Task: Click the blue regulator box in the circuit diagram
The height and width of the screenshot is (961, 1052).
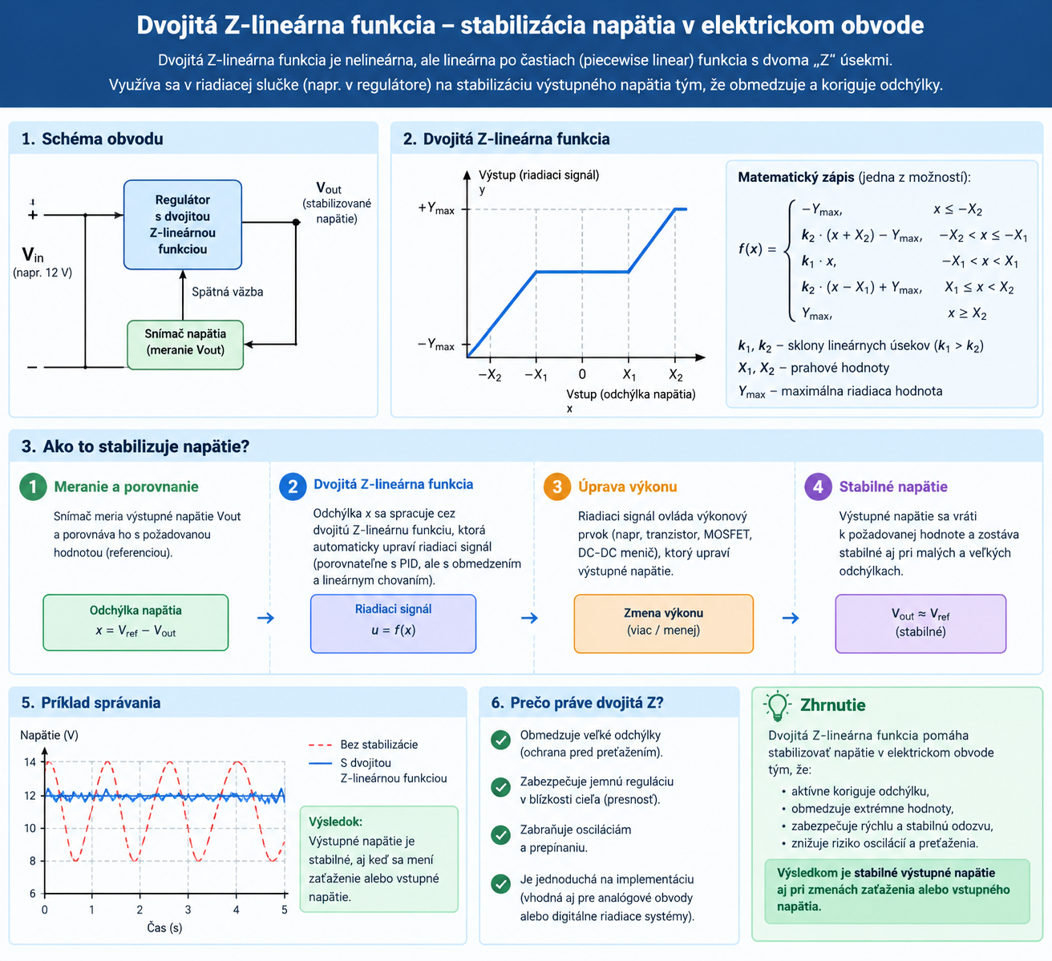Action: [x=183, y=224]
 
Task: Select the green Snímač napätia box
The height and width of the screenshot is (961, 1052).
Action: [x=185, y=345]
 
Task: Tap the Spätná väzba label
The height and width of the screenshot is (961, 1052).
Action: [x=227, y=292]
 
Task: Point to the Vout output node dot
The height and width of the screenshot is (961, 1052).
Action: [x=296, y=222]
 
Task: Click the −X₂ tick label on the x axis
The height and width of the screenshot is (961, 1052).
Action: [x=490, y=375]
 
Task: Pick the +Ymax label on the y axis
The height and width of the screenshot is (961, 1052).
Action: [x=436, y=208]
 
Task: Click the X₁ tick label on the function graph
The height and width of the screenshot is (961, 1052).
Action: [x=629, y=375]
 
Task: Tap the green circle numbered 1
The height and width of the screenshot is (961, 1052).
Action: [x=33, y=487]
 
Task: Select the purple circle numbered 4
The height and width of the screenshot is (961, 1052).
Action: [x=818, y=487]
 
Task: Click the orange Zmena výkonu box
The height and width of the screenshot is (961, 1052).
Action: [x=663, y=624]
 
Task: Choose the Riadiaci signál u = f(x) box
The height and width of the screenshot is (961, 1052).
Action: [x=394, y=624]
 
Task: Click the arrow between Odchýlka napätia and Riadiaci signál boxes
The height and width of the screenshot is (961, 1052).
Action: [x=266, y=618]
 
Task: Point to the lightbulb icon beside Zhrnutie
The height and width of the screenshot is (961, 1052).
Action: [x=777, y=705]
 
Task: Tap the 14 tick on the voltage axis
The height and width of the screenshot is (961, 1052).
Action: [x=30, y=761]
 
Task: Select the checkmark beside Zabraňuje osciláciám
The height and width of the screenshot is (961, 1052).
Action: [x=501, y=835]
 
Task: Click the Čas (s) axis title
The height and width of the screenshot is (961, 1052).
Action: [x=164, y=927]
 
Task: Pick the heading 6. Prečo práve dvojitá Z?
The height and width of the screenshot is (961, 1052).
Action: [x=577, y=703]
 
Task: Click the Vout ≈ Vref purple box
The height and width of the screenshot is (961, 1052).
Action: [x=920, y=624]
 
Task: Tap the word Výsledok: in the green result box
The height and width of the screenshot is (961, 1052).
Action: [x=336, y=822]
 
